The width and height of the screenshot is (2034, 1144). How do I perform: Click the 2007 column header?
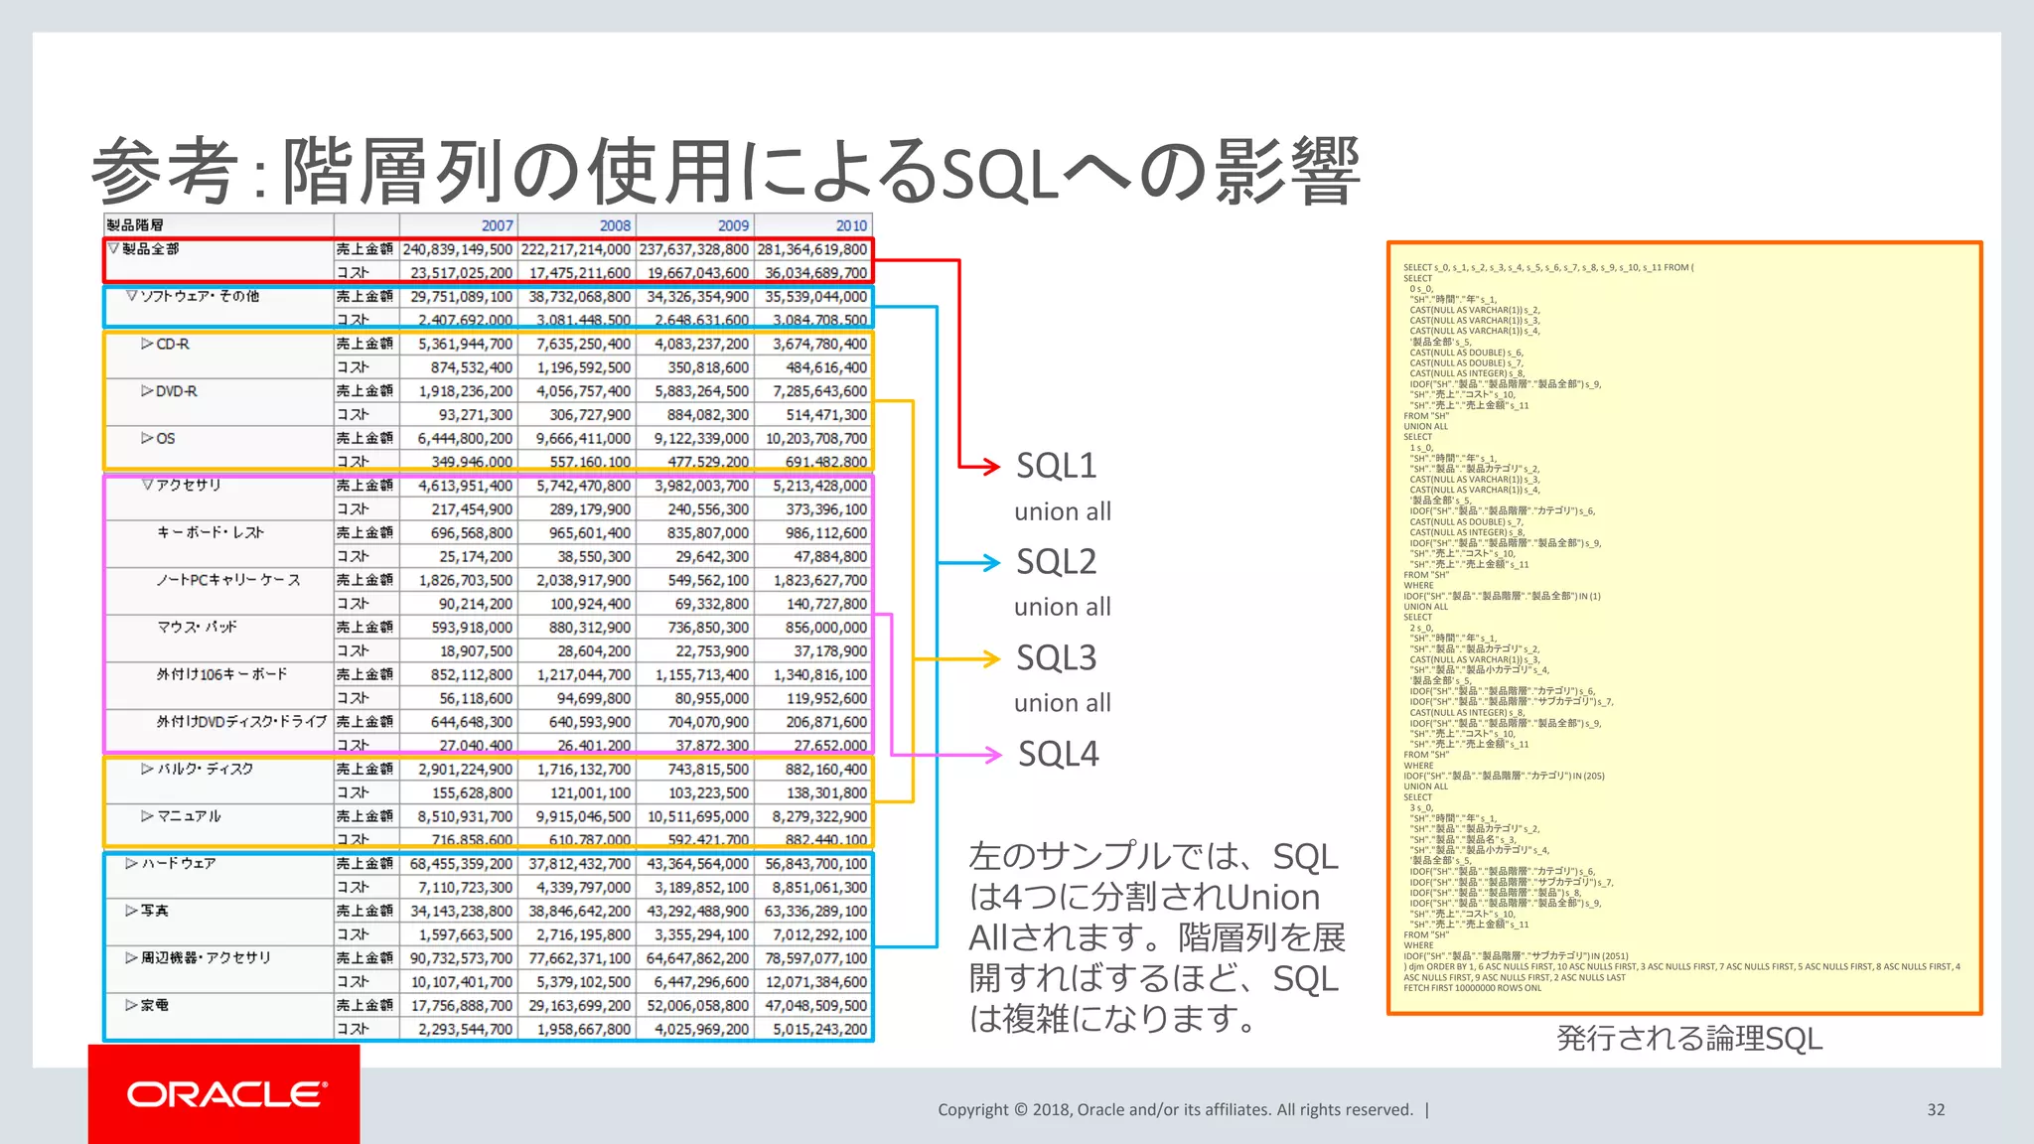[497, 225]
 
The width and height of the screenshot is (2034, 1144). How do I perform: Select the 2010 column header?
[851, 225]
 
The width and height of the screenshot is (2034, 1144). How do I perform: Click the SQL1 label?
[1056, 466]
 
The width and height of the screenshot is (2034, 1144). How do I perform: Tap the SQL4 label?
[1058, 754]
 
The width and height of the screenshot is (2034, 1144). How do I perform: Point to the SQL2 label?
[1056, 562]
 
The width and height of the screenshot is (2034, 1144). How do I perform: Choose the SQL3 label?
[1056, 658]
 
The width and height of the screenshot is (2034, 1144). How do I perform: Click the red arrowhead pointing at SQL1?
[989, 466]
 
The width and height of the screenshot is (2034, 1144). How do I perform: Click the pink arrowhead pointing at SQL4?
[991, 755]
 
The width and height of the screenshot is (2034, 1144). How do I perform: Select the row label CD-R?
[172, 344]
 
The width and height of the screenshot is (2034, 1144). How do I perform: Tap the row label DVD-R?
[176, 391]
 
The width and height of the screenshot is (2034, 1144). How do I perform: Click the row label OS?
[165, 438]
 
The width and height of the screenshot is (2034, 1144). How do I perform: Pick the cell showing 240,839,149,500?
[458, 249]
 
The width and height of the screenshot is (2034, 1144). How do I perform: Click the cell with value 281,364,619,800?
[812, 249]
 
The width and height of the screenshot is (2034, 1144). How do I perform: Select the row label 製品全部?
[150, 249]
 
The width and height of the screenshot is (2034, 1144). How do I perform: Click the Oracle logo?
[225, 1094]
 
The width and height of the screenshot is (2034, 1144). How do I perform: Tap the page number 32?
[1936, 1109]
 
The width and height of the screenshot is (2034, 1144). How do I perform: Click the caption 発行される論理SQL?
[1688, 1039]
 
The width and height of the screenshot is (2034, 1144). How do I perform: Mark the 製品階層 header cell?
[135, 225]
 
